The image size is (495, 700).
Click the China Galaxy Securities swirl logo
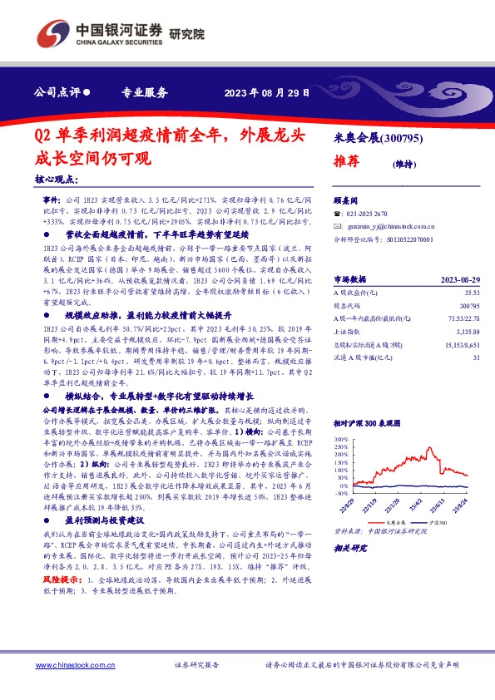click(x=49, y=34)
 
